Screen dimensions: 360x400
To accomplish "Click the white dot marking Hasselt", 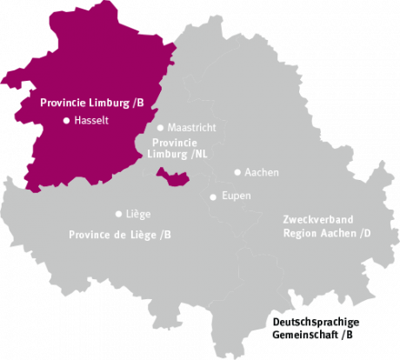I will click(66, 121).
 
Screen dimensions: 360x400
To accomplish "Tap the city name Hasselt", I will click(92, 121).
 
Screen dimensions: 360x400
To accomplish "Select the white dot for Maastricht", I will click(160, 128).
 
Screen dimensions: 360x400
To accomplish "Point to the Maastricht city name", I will click(191, 128).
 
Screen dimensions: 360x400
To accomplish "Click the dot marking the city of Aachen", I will click(237, 172).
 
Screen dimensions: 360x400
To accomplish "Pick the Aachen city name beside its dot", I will click(262, 172).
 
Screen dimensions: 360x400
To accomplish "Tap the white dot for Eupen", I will click(213, 197).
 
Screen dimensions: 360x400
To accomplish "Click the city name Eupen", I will click(236, 197).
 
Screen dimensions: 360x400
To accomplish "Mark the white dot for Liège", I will click(118, 213).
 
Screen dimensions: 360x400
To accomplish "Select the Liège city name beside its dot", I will click(138, 213).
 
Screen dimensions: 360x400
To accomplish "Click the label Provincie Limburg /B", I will click(92, 102).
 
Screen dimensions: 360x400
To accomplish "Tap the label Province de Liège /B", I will click(120, 235).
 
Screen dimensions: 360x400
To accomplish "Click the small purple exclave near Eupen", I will click(176, 178).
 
